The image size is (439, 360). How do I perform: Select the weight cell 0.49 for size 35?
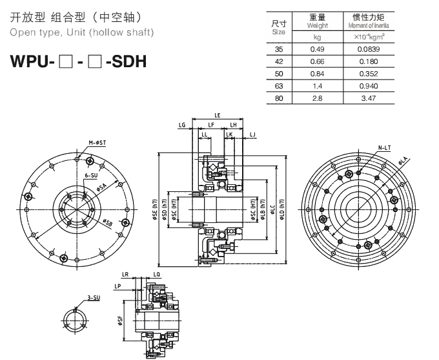pos(317,48)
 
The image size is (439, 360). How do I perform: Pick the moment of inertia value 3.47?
pos(369,99)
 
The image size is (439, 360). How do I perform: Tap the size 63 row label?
pos(278,86)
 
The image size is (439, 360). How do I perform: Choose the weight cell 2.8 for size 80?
pos(317,99)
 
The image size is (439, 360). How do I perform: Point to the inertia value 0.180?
pos(369,61)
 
